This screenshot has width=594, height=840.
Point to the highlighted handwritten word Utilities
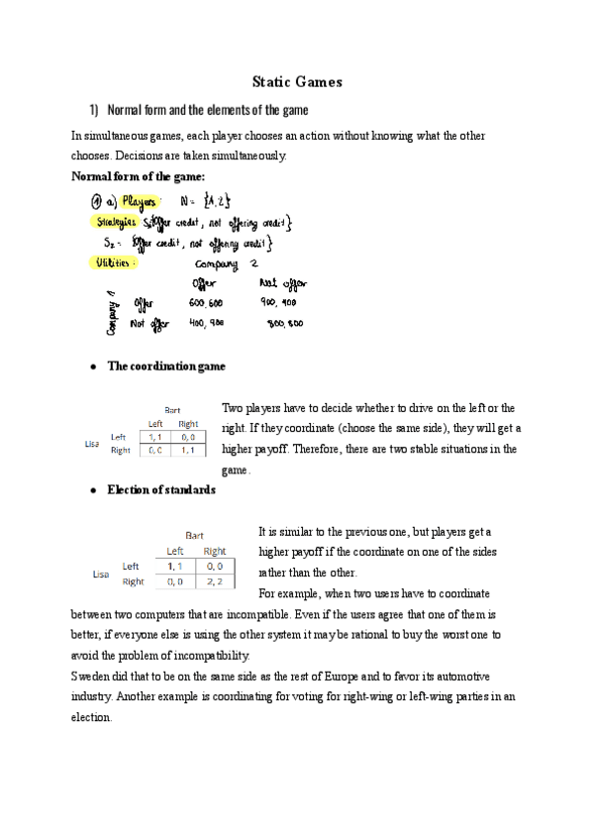pos(118,264)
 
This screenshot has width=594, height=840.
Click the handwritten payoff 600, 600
pos(207,303)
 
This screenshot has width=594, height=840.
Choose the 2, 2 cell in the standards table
pos(214,581)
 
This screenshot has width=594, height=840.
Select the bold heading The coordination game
pos(165,367)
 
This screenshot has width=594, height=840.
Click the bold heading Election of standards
pos(161,489)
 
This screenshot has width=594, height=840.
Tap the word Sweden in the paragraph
pos(94,676)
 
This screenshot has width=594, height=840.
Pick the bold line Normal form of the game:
pos(139,176)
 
